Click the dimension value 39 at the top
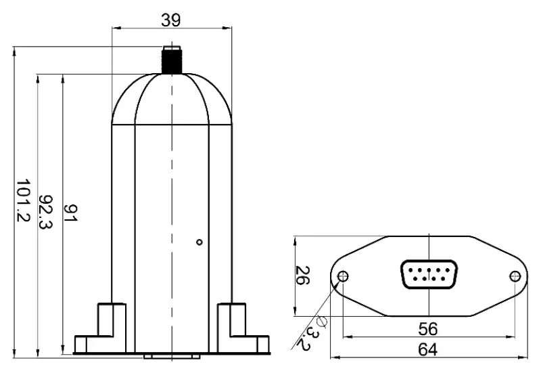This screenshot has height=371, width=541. click(x=172, y=20)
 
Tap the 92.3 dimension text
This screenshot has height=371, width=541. click(x=47, y=212)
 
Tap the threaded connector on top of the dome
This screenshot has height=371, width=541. click(x=172, y=59)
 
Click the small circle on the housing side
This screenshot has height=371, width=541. click(x=199, y=242)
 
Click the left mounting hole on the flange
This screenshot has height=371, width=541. click(x=344, y=276)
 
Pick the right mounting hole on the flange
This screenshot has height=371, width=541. click(x=515, y=276)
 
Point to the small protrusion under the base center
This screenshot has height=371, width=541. click(x=172, y=355)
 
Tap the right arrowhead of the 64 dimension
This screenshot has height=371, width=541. click(x=524, y=358)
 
